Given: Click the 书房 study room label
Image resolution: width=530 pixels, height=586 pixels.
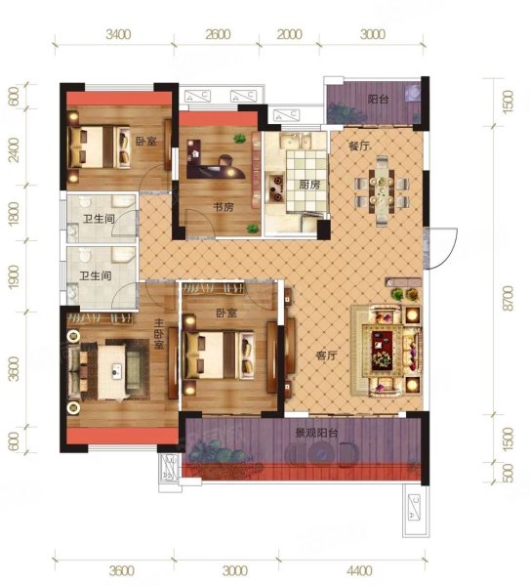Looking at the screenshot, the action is click(224, 207).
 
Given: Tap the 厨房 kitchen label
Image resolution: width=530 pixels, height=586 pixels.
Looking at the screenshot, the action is click(309, 185).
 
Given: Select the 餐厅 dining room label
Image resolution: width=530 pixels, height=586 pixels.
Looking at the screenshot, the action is click(359, 146).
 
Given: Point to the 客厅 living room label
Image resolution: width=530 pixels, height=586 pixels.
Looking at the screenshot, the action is click(326, 356).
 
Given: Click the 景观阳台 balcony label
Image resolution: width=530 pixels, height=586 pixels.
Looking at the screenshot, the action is click(316, 433).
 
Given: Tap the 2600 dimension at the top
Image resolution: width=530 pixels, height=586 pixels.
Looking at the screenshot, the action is click(218, 34).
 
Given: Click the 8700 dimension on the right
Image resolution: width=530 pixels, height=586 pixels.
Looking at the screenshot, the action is click(509, 298).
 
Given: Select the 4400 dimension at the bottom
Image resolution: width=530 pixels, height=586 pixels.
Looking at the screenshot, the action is click(359, 570).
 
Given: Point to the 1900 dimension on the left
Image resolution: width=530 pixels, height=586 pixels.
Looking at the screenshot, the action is click(14, 277).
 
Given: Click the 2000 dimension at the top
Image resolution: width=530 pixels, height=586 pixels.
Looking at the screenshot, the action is click(290, 34).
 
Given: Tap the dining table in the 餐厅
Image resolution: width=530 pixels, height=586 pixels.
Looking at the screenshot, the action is click(382, 191).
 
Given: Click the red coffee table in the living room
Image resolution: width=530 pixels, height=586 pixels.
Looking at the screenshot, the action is click(382, 351).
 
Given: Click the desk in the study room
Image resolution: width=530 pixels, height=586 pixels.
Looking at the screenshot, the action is click(215, 164).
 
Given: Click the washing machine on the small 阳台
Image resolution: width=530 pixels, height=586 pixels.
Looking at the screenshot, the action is click(414, 92).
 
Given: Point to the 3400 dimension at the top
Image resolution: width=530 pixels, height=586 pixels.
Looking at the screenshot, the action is click(118, 34).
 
